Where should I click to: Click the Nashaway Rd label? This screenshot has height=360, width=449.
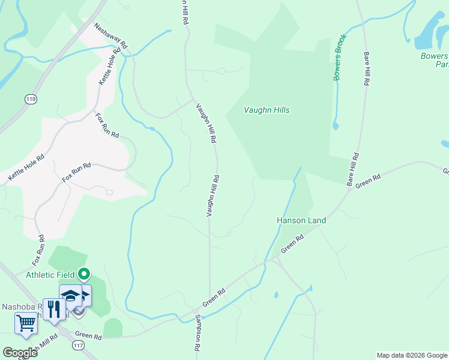[111, 36]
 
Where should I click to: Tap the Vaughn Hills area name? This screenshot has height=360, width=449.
[267, 110]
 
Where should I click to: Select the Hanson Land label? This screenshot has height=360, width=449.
[301, 220]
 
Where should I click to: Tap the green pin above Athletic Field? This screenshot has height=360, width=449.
[84, 275]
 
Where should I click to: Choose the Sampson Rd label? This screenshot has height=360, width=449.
[197, 335]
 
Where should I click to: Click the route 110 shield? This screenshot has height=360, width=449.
[31, 98]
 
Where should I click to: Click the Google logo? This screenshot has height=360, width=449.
[20, 353]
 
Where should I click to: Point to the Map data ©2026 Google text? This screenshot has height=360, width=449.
[412, 355]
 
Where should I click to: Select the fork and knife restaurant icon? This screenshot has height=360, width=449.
[54, 309]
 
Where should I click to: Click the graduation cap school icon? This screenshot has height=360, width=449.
[70, 295]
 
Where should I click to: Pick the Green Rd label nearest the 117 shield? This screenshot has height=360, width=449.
[89, 336]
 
